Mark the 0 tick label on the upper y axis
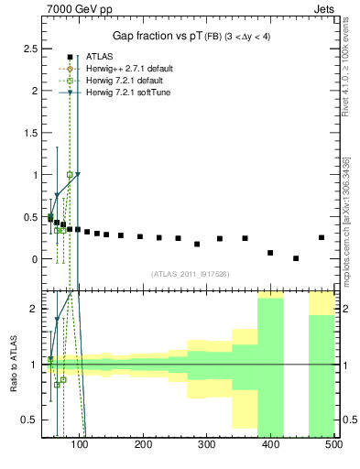coord(34,259)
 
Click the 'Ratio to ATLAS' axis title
coord(12,364)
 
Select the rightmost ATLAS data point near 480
coord(321,237)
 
